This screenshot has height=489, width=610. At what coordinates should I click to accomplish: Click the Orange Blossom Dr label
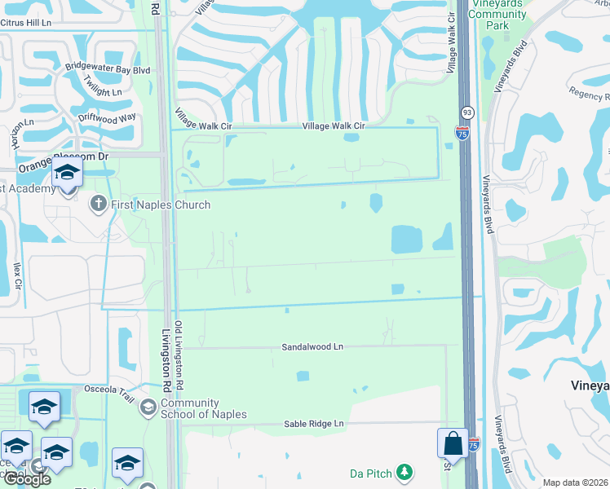click(x=64, y=157)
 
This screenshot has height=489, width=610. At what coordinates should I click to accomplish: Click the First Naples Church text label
click(x=161, y=205)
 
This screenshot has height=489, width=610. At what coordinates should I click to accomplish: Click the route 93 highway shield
click(x=466, y=110)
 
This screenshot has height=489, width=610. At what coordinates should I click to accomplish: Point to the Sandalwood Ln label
click(x=313, y=346)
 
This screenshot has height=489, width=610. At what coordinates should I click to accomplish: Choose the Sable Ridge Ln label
click(x=314, y=424)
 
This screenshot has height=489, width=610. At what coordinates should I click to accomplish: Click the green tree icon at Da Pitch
click(x=404, y=472)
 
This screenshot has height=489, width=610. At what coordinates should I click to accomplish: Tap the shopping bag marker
click(x=453, y=444)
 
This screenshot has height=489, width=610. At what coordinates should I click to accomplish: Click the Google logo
click(x=26, y=479)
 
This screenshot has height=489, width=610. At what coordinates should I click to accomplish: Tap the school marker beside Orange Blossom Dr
click(x=67, y=173)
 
